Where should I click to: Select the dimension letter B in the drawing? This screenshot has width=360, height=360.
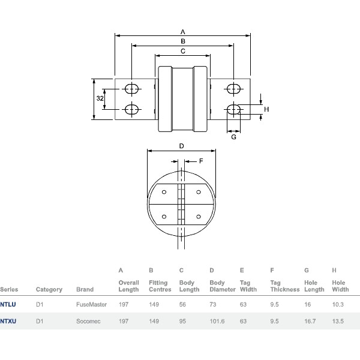183,41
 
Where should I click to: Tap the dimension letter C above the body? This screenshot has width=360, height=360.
182,52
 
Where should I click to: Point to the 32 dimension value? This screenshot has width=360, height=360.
100,98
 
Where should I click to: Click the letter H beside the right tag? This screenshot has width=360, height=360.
266,109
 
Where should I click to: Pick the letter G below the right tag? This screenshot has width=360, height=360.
233,137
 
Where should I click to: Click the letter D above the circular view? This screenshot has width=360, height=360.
181,146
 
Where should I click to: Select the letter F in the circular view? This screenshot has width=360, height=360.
201,161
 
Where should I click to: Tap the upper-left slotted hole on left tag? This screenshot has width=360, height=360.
131,89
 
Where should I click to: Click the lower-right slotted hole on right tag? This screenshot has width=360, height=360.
234,109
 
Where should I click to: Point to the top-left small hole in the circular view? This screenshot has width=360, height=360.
163,193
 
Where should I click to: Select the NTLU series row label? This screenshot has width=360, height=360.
8,304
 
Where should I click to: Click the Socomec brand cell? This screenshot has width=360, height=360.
88,321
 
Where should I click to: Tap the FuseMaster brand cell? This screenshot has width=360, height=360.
91,304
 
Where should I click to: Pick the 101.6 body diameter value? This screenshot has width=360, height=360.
218,321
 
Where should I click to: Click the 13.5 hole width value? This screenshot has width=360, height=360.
338,321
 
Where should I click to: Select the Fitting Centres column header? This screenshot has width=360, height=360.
160,286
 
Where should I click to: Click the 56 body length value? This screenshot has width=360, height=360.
183,304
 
